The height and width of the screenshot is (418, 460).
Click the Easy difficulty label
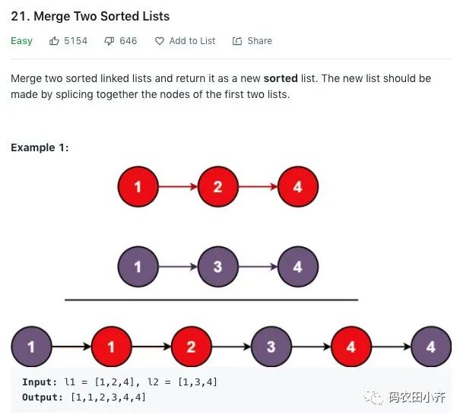coord(21,41)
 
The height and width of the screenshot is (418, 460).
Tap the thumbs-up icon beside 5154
coord(54,41)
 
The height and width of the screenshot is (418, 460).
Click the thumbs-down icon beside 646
coord(109,41)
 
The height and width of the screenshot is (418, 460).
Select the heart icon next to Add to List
coord(160,41)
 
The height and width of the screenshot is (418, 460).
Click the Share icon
coord(237,41)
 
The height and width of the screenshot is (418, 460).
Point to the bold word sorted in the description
coord(281,78)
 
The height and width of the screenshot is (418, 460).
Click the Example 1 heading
coord(40,147)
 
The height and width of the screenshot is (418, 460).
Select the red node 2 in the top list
coord(218,186)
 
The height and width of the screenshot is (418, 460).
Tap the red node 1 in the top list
coord(138,186)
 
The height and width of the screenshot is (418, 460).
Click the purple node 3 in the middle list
coord(218,266)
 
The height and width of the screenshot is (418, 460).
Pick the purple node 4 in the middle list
coord(298,266)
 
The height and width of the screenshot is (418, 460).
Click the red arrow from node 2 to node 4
coord(258,186)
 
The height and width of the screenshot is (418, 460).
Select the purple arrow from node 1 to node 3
coord(178,266)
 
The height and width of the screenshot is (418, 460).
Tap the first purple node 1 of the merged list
coord(31,347)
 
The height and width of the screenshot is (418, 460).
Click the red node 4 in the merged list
coord(351,347)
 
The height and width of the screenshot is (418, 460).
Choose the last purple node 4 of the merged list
coord(431,347)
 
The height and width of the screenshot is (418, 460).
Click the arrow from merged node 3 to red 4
coord(311,347)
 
